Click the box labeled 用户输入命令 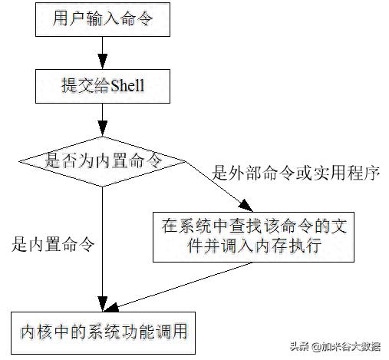[x=103, y=19]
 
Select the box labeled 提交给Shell [x=103, y=86]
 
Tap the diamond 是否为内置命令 [x=102, y=161]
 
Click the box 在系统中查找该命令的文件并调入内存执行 [x=253, y=237]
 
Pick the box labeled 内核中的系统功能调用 [x=103, y=333]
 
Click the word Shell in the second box [x=127, y=85]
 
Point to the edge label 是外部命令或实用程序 [x=296, y=173]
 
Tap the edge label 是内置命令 [x=53, y=244]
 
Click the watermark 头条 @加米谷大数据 [x=335, y=347]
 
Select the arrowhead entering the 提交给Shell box [x=103, y=61]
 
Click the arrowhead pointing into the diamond [x=103, y=128]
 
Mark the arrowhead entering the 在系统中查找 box [x=246, y=206]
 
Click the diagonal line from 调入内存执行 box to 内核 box [x=179, y=286]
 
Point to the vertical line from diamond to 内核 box [x=103, y=249]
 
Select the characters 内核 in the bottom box [x=36, y=332]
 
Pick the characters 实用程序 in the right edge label [x=347, y=173]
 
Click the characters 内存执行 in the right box [x=288, y=246]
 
